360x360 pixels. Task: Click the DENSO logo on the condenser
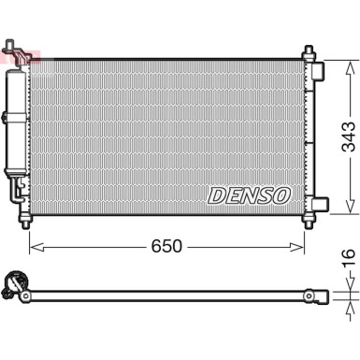[249, 195]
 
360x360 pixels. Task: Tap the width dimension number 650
[166, 246]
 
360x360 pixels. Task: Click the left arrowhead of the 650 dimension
[35, 247]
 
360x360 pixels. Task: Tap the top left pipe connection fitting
[12, 49]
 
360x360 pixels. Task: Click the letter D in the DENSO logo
[213, 195]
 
